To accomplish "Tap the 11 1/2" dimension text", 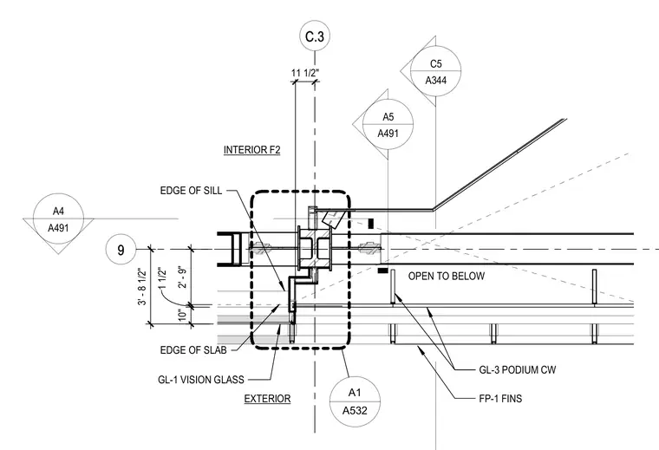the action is (305, 73).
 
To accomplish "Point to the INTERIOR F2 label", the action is (251, 150).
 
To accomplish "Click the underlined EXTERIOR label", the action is (267, 399).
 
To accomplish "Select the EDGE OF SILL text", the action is (191, 191).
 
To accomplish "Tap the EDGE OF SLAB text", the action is (193, 350).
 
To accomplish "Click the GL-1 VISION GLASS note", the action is (201, 380).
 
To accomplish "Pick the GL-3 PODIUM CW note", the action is (518, 370).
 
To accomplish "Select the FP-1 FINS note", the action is (500, 398).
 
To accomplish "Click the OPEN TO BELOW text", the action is (447, 276).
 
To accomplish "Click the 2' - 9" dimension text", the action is (183, 276).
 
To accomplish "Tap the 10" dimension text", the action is (182, 315).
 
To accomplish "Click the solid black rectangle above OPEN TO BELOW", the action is (371, 224).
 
